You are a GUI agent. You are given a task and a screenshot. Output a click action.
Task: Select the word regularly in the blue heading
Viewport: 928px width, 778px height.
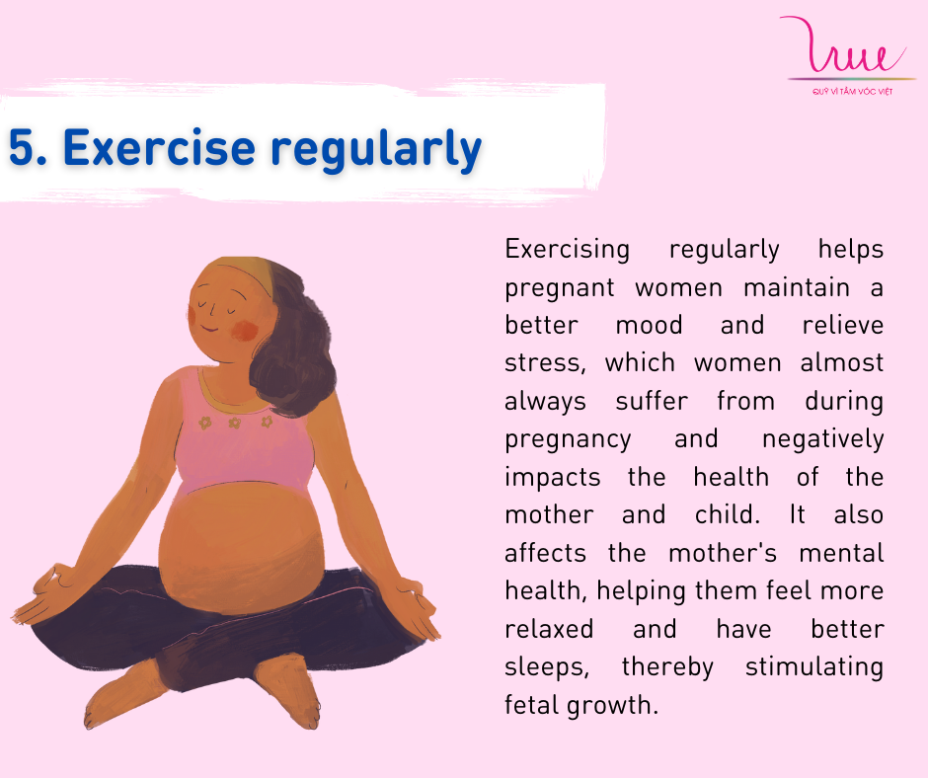376,150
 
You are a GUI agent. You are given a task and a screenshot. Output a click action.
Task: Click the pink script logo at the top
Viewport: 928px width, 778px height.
843,45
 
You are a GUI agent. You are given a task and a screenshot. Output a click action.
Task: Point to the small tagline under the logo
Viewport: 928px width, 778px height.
852,92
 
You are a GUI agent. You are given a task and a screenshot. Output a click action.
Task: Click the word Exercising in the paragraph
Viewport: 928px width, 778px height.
567,250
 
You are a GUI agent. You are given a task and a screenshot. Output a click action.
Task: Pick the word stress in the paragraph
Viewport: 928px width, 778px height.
545,363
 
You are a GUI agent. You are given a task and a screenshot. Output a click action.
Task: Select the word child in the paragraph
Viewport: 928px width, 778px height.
728,514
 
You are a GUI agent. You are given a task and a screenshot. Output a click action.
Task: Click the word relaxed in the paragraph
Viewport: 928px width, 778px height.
549,628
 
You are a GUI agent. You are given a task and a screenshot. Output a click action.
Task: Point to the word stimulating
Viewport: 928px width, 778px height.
814,666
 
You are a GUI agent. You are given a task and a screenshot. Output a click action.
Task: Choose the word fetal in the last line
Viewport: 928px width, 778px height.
531,705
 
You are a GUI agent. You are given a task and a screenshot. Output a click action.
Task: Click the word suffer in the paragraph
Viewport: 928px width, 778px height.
652,401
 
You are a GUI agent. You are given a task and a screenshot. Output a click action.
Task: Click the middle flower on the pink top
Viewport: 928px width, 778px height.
234,423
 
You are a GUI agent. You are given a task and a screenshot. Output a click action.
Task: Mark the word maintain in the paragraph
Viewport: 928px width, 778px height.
797,287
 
